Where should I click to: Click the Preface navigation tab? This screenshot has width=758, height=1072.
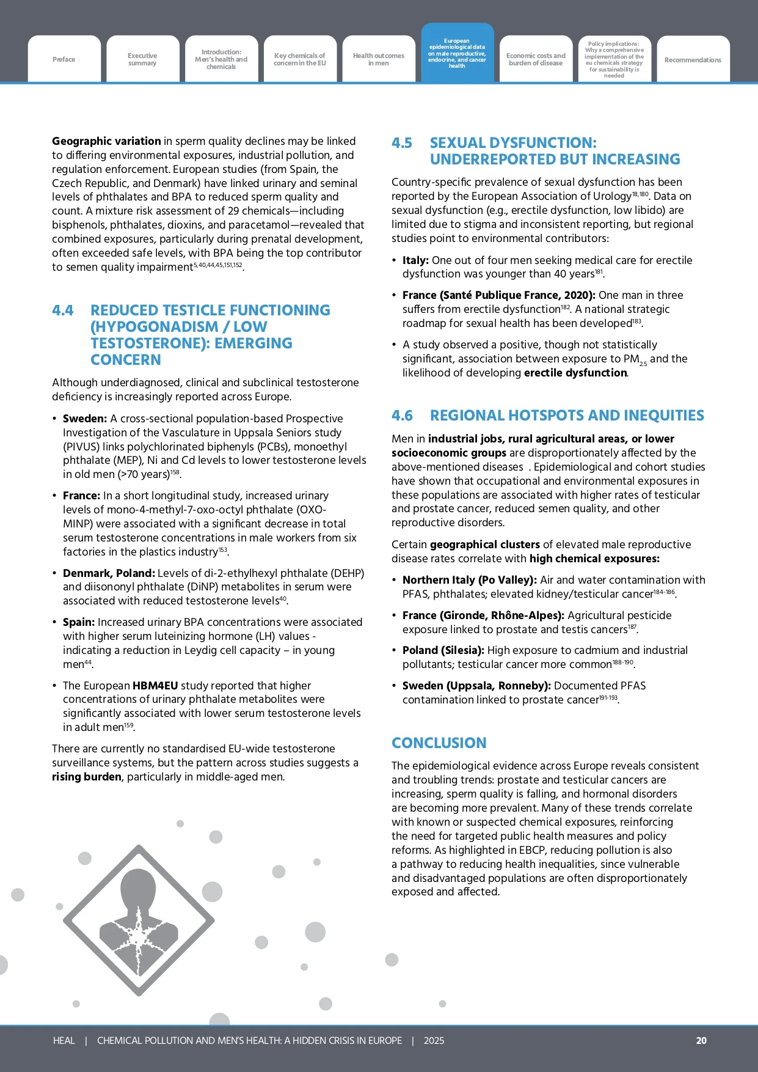tap(64, 59)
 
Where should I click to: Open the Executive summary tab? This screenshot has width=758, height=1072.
tap(142, 59)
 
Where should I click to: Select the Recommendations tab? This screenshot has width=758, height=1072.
tap(693, 60)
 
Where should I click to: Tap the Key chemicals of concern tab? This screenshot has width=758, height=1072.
tap(300, 59)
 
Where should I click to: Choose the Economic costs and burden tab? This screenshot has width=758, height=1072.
tap(536, 59)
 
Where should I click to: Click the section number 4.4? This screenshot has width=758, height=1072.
tap(63, 310)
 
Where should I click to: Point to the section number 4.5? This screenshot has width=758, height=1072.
tap(402, 143)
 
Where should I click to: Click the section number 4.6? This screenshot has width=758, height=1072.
tap(402, 416)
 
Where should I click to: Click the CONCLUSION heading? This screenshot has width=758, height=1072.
tap(439, 743)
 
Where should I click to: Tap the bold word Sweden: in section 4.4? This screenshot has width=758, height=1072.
tap(85, 419)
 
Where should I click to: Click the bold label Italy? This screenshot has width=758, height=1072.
tap(415, 260)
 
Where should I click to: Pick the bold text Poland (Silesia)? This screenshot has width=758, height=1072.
tap(443, 650)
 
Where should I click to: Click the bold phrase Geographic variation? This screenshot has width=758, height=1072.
tap(106, 141)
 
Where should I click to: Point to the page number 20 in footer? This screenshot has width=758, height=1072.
tap(701, 1040)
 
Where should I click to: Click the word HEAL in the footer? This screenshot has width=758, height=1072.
tap(64, 1040)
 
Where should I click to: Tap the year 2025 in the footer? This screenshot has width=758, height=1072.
tap(434, 1040)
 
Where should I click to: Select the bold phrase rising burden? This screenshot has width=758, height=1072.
tap(87, 777)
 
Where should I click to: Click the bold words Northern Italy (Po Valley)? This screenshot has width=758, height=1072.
tap(470, 580)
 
